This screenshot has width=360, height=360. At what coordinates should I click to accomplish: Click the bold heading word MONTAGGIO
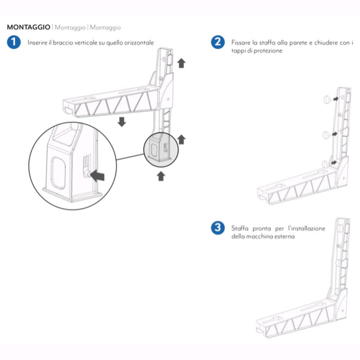click(29, 27)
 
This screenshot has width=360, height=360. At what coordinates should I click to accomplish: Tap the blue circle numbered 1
click(14, 43)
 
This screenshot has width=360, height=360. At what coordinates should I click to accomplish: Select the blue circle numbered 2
click(218, 43)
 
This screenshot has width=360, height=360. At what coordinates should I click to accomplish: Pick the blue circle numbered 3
click(218, 228)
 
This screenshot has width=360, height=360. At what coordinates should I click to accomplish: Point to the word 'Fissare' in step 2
click(242, 43)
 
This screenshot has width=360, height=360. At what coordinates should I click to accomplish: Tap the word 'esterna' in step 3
click(284, 237)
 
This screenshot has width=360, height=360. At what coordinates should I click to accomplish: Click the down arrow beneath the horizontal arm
click(122, 122)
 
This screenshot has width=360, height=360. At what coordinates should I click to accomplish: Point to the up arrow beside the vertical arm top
click(181, 63)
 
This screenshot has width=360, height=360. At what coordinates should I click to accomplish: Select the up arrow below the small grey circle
click(161, 176)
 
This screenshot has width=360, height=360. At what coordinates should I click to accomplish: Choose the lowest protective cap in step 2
click(324, 164)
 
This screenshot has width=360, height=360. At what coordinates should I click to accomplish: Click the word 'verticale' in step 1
click(85, 43)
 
